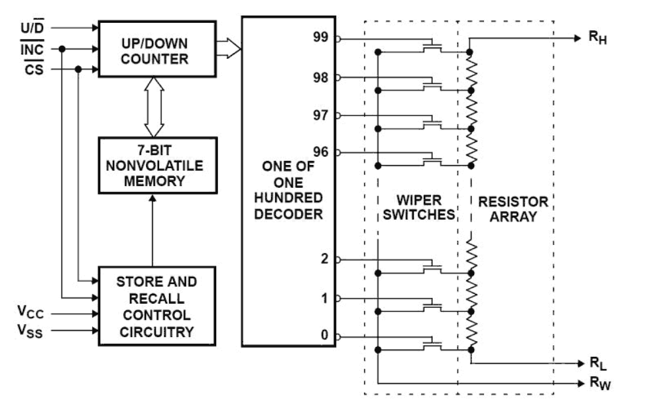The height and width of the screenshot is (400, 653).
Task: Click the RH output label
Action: [597, 38]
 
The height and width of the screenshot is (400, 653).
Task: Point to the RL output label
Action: [597, 363]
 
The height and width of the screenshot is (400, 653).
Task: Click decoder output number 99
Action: [321, 37]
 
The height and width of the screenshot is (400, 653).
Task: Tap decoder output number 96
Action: [321, 152]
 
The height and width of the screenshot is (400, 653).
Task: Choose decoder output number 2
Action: [324, 259]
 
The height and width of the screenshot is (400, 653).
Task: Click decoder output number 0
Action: [324, 336]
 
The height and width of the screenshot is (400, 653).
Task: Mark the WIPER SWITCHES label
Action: [419, 208]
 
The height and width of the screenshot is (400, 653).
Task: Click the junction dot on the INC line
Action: [62, 49]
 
